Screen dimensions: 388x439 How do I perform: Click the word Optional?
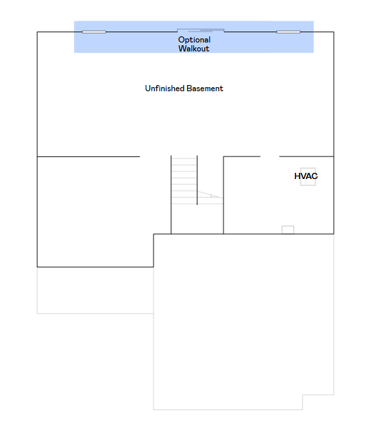(x=194, y=40)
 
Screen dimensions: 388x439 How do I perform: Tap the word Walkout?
(x=194, y=49)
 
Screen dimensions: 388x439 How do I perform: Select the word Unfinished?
(x=165, y=88)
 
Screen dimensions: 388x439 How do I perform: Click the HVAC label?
(x=306, y=176)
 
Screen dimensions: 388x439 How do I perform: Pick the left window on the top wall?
(x=94, y=32)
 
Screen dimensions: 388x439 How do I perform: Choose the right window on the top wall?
(x=289, y=32)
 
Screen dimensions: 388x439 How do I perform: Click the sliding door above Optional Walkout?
(x=201, y=30)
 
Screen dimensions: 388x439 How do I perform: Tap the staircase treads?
(x=184, y=181)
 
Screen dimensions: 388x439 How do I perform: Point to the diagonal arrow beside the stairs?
(x=210, y=195)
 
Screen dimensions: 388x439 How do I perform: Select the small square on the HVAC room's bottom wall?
(x=288, y=230)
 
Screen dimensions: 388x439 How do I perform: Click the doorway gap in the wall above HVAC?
(x=270, y=156)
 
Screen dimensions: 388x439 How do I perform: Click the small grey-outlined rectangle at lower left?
(x=95, y=290)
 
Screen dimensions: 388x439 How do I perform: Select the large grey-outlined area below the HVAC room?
(x=243, y=322)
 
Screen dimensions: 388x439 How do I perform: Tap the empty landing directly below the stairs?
(x=197, y=219)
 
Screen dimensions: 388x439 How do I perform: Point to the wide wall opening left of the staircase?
(x=155, y=156)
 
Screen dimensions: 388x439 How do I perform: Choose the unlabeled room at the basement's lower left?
(x=95, y=212)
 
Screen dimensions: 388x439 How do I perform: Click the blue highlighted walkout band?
(x=194, y=36)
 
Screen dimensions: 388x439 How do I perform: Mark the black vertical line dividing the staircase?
(x=197, y=180)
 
